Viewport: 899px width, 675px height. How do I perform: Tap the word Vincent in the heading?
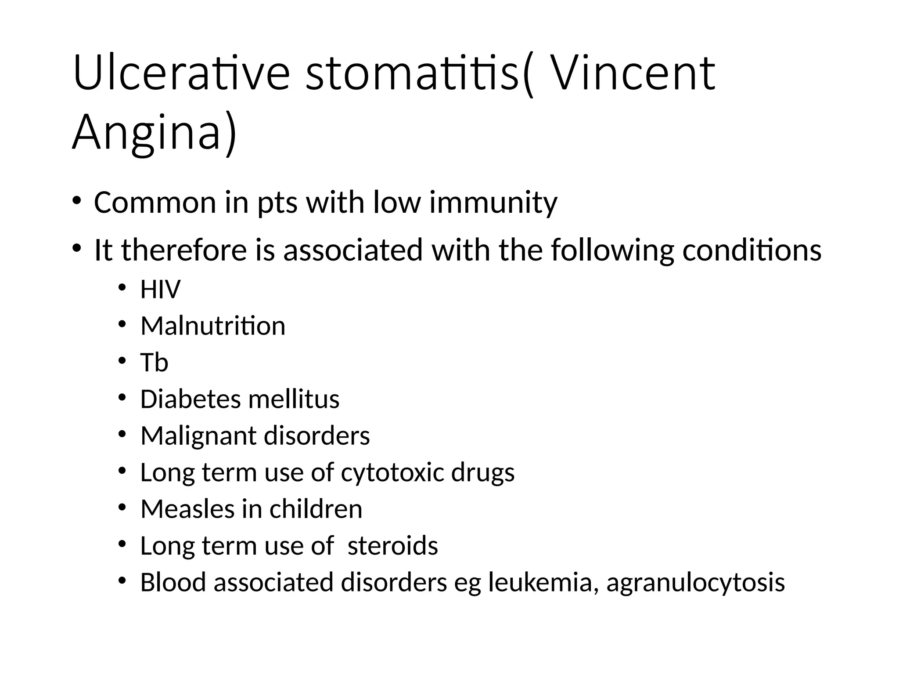(633, 73)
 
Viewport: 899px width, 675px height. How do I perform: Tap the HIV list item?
(160, 289)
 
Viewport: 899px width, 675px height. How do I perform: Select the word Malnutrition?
(213, 326)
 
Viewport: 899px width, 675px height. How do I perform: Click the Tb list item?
(154, 363)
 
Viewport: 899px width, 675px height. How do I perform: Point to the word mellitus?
(294, 399)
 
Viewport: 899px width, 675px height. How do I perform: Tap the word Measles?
(187, 509)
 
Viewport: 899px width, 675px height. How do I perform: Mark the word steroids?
(392, 545)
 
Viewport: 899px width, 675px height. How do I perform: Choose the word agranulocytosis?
(695, 583)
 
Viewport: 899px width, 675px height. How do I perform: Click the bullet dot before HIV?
(122, 288)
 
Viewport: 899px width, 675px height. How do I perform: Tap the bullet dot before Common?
(77, 200)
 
